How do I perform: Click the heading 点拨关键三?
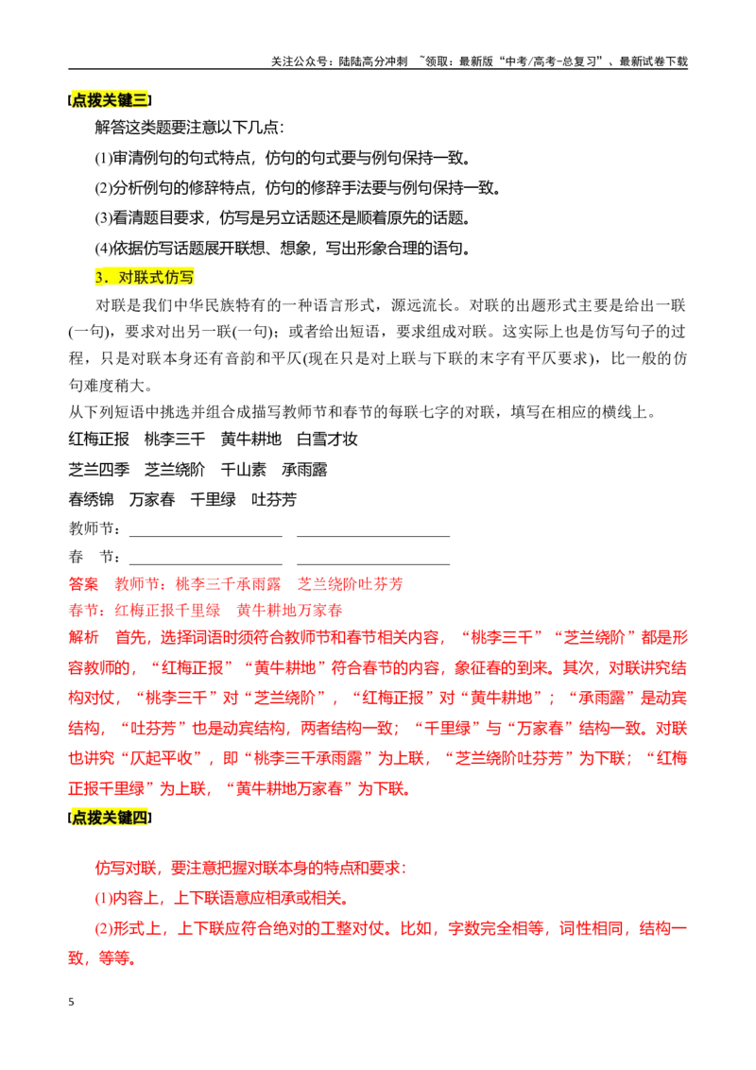(x=110, y=100)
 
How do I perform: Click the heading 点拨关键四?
(x=110, y=818)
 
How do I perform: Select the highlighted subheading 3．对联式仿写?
(x=145, y=277)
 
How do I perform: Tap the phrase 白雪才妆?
(x=327, y=440)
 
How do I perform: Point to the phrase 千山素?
(x=244, y=470)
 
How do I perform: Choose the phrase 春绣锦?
(x=92, y=499)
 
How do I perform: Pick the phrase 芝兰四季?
(x=99, y=470)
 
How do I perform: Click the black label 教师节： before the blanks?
(x=96, y=528)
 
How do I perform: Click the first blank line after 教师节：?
(x=205, y=536)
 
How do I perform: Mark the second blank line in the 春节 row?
(x=373, y=564)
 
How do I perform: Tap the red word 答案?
(x=83, y=584)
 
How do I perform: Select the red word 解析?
(x=83, y=637)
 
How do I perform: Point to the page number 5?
(x=71, y=1002)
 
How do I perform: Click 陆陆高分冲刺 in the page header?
(x=372, y=61)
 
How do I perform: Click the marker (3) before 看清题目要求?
(x=103, y=218)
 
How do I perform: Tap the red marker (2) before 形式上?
(x=103, y=929)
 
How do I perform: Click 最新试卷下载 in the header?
(x=653, y=61)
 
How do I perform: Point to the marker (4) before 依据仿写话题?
(x=103, y=249)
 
